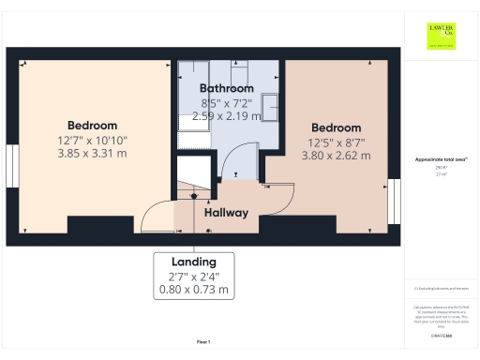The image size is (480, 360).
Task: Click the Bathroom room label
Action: [x=227, y=88]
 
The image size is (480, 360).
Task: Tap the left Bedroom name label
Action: [x=92, y=126]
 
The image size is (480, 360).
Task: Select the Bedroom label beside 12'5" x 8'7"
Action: [x=337, y=128]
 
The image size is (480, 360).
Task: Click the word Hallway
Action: [x=226, y=213]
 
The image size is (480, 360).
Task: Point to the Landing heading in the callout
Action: [x=194, y=262]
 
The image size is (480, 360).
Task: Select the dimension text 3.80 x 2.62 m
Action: [x=337, y=156]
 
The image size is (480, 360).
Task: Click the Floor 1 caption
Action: [x=203, y=341]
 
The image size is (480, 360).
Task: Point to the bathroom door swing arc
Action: [x=239, y=159]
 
